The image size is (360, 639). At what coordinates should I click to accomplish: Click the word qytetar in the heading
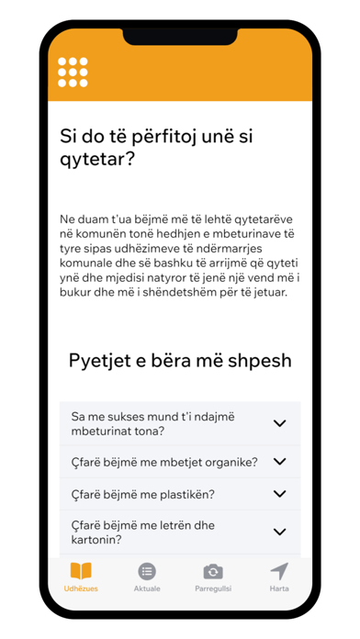tap(93, 159)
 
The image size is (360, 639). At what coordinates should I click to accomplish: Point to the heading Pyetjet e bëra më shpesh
tap(179, 359)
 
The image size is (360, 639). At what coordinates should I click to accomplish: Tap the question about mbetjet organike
tap(164, 462)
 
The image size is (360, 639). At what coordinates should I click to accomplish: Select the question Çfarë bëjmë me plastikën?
tap(143, 494)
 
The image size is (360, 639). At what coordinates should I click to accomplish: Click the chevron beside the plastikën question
tap(280, 494)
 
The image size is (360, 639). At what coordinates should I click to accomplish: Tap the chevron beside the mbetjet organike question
tap(280, 462)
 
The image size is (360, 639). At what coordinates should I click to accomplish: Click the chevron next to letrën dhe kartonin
tap(280, 532)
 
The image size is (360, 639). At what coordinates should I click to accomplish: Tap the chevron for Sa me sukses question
tap(280, 423)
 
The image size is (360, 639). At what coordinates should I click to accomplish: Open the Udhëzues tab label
tap(81, 588)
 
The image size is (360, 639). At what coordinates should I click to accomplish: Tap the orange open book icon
tap(81, 570)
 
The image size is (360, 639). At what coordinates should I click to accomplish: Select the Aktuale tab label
tap(147, 588)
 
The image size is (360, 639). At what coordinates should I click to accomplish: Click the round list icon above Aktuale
tap(147, 570)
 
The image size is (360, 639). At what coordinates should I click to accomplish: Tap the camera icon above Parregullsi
tap(212, 570)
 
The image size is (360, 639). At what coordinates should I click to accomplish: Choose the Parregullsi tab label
tap(212, 588)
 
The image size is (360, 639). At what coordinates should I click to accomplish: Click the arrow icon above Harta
tap(279, 570)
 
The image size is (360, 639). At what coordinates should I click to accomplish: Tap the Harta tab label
tap(279, 588)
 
